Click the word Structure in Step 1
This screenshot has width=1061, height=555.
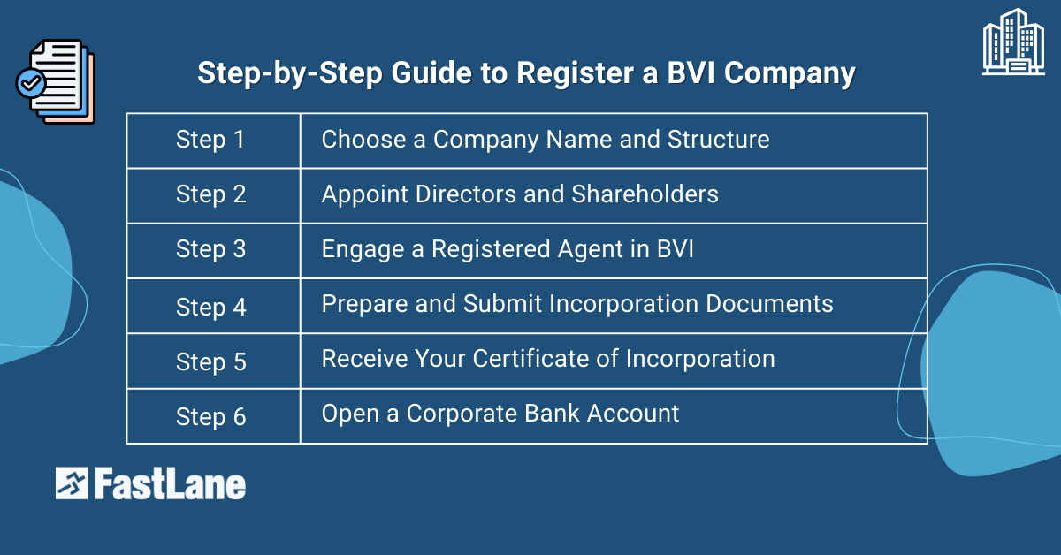click(x=718, y=140)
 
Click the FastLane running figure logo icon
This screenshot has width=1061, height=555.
click(x=72, y=483)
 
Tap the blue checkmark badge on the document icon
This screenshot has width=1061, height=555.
click(x=31, y=84)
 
